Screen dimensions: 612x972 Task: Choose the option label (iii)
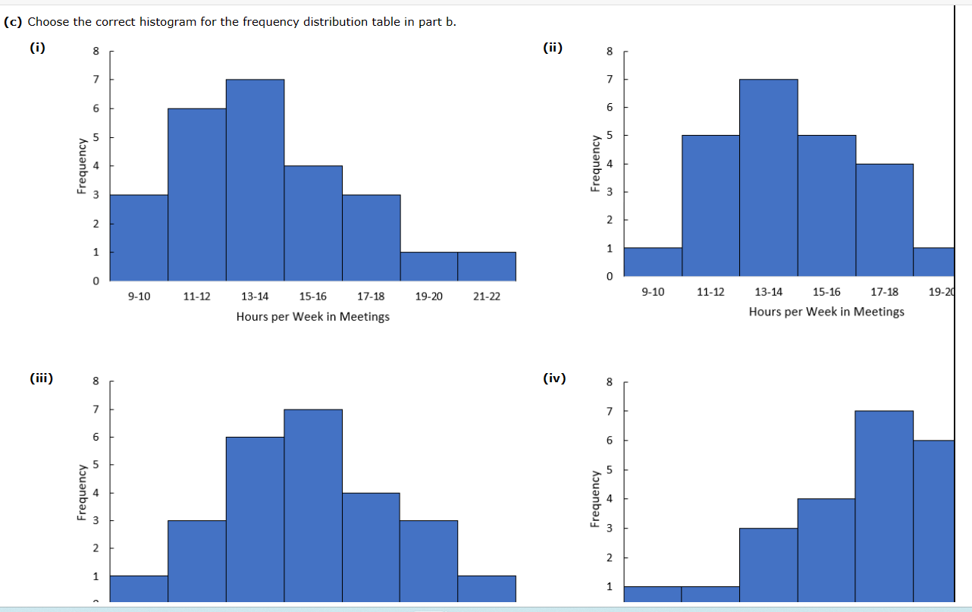41,378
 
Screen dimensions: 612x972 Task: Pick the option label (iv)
554,378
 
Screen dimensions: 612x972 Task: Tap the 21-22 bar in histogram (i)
487,266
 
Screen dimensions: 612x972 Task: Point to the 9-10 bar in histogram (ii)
653,262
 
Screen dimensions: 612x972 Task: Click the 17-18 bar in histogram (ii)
884,220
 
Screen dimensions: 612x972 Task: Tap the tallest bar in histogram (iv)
884,506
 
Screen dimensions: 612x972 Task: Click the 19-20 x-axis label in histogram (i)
429,297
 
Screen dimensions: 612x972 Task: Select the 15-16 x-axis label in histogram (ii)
826,292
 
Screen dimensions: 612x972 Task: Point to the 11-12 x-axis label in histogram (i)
197,297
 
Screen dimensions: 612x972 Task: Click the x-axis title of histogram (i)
312,316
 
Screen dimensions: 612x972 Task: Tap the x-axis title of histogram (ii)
826,312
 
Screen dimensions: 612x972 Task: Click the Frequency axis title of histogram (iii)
80,493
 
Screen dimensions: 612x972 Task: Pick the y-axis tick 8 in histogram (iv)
608,382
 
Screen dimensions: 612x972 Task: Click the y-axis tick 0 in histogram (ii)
608,277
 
